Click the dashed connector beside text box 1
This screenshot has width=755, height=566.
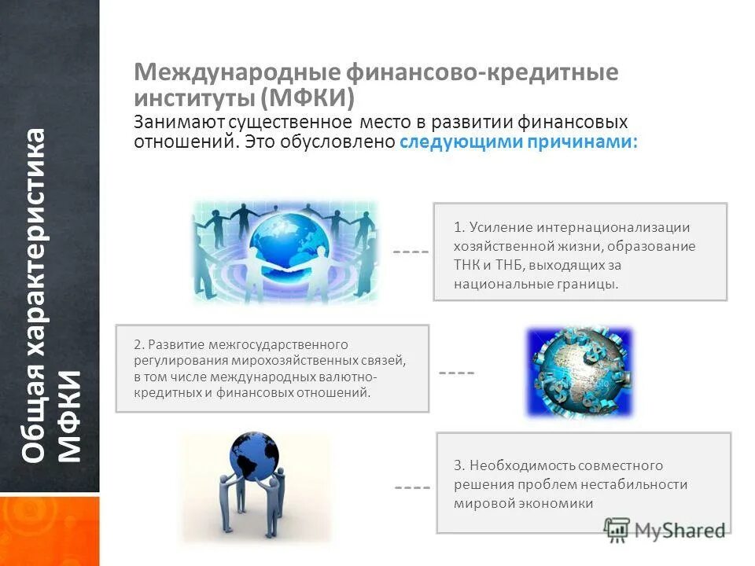[411, 252]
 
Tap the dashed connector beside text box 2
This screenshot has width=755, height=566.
[456, 372]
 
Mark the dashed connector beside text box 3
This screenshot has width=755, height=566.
[412, 488]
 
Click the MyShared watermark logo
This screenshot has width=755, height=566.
[665, 529]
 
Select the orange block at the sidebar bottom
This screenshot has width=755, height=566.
[50, 531]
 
